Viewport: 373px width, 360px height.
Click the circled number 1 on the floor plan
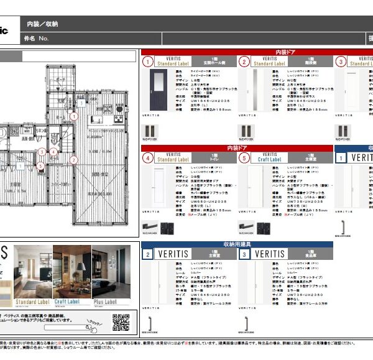click(x=73, y=116)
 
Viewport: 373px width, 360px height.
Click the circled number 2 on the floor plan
click(x=73, y=160)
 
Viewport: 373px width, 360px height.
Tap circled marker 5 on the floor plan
click(x=40, y=165)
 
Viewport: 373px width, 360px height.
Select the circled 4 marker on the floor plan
click(x=53, y=151)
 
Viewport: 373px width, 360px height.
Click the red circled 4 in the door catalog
click(x=148, y=159)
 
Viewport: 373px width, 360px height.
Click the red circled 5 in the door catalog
click(x=244, y=159)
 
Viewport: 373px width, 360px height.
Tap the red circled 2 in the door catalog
click(x=244, y=62)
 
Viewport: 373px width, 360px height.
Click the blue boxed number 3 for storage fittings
click(x=244, y=254)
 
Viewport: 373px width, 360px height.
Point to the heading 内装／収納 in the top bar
click(x=42, y=24)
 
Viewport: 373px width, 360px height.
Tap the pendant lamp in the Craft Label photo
click(x=81, y=266)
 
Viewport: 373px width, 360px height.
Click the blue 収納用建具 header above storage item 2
click(x=237, y=244)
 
